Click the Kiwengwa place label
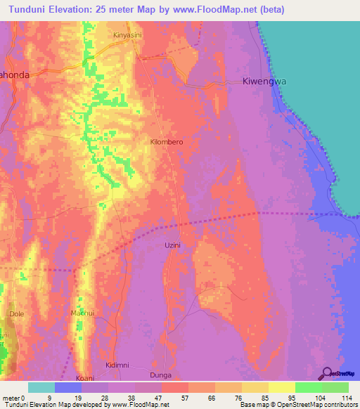[x=265, y=81]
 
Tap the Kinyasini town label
[x=128, y=34]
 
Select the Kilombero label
[x=167, y=142]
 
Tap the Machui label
[x=83, y=313]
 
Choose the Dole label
[x=16, y=313]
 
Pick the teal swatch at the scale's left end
[x=41, y=387]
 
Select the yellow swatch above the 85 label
[x=255, y=387]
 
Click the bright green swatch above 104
[x=308, y=387]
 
